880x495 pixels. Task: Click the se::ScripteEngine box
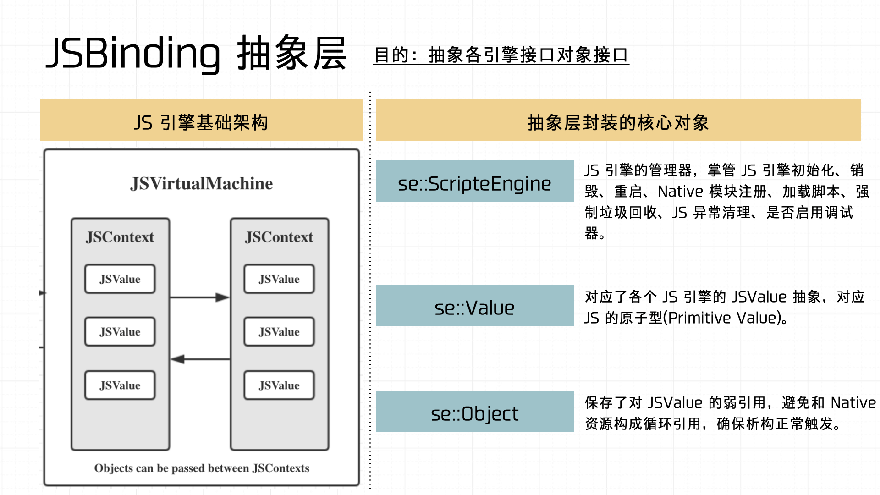click(475, 181)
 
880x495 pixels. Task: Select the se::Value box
click(475, 305)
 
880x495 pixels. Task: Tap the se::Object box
click(475, 411)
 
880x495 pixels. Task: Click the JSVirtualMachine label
click(201, 184)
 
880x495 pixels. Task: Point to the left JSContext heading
click(120, 237)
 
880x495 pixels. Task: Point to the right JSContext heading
click(279, 237)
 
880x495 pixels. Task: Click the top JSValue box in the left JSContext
click(120, 279)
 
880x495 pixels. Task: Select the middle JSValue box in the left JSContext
click(120, 331)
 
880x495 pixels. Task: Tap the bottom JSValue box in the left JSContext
click(120, 385)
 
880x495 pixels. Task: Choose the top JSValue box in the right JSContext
click(279, 279)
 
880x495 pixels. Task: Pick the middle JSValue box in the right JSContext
click(279, 331)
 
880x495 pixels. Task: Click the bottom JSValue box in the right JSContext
click(279, 385)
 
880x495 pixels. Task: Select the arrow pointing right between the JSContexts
click(199, 297)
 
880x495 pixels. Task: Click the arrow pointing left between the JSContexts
click(200, 359)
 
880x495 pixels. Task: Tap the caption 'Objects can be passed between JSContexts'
click(202, 468)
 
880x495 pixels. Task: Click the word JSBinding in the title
click(133, 54)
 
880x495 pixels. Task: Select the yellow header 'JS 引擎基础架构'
click(201, 120)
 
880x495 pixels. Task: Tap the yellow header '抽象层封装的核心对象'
click(618, 120)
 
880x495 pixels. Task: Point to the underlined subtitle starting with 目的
click(501, 55)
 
